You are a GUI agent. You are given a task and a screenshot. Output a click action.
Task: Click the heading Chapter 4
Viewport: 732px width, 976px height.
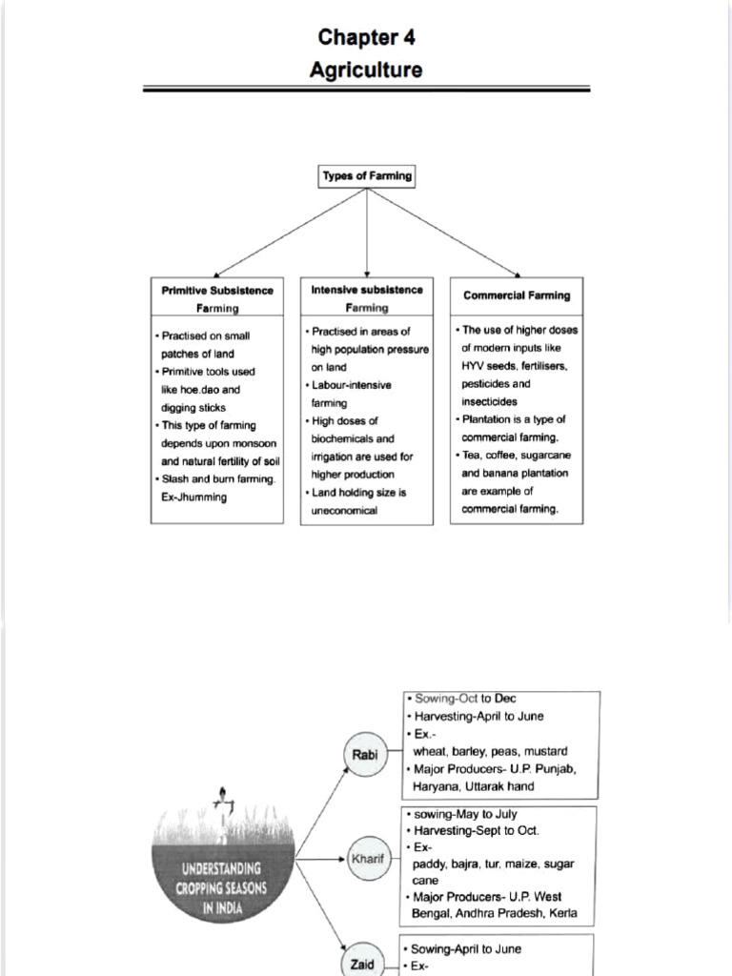tap(366, 37)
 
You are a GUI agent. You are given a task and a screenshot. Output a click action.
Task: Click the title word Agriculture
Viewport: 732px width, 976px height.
tap(366, 70)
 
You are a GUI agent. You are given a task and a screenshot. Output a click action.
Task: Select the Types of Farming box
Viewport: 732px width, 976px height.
tap(367, 176)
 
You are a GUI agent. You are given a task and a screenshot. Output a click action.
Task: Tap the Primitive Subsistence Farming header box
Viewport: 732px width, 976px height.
tap(217, 298)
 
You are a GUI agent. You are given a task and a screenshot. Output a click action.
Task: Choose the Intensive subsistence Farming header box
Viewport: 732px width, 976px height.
tap(367, 297)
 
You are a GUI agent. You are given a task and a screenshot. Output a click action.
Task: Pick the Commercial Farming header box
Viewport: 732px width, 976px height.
tap(517, 295)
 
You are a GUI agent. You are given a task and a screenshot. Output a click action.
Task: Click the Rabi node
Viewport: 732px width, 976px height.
tap(364, 755)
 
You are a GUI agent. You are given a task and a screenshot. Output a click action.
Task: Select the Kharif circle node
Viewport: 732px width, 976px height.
tap(367, 859)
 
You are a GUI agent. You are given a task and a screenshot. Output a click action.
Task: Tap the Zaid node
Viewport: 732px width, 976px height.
tap(362, 963)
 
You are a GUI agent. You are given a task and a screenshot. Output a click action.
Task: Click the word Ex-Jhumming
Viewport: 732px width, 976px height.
tap(194, 498)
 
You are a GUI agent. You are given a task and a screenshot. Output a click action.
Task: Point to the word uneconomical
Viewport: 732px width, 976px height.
tap(344, 511)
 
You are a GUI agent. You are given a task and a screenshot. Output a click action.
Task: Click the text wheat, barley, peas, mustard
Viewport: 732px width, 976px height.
tap(490, 751)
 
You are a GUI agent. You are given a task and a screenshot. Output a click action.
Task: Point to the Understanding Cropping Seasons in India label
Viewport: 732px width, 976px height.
tap(221, 888)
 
